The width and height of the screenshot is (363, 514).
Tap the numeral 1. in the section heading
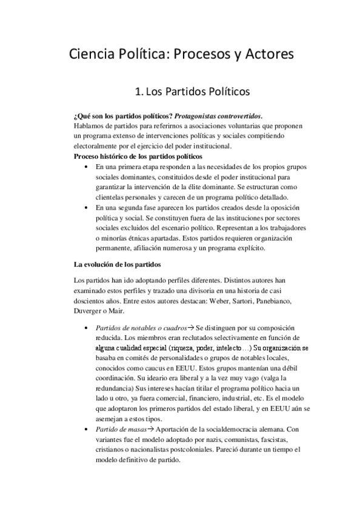(x=139, y=93)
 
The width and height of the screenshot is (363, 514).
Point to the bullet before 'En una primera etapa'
(x=82, y=166)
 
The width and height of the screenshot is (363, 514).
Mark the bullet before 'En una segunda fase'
(x=82, y=207)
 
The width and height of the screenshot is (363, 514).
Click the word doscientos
(x=91, y=301)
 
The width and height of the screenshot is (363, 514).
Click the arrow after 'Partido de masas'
(x=151, y=429)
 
